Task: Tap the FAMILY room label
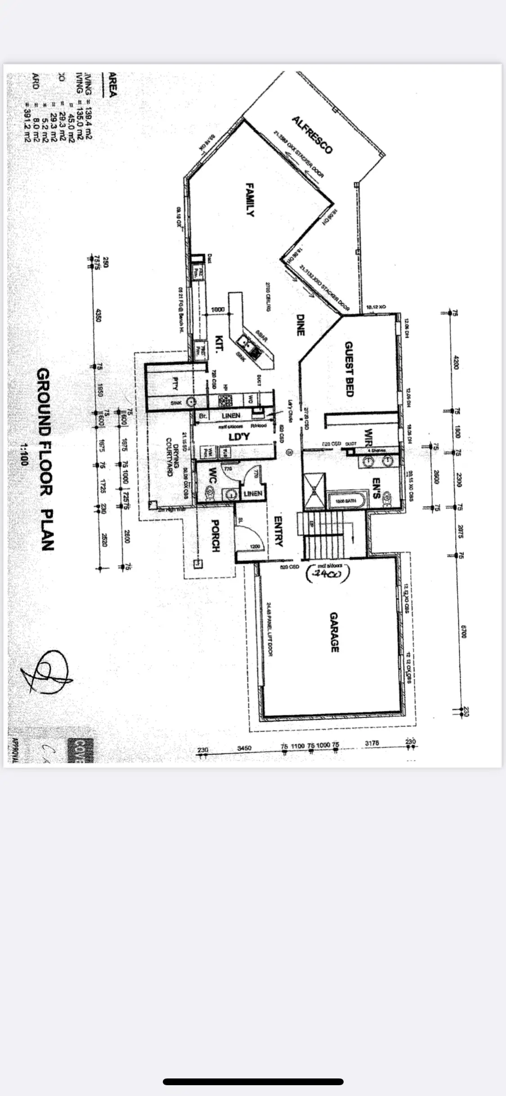[x=250, y=199]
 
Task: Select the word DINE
[x=300, y=325]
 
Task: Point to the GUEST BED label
[x=349, y=369]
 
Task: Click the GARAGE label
[x=334, y=632]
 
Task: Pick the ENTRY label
[x=278, y=531]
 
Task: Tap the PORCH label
[x=215, y=536]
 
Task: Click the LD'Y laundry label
[x=239, y=437]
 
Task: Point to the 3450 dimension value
[x=244, y=748]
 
